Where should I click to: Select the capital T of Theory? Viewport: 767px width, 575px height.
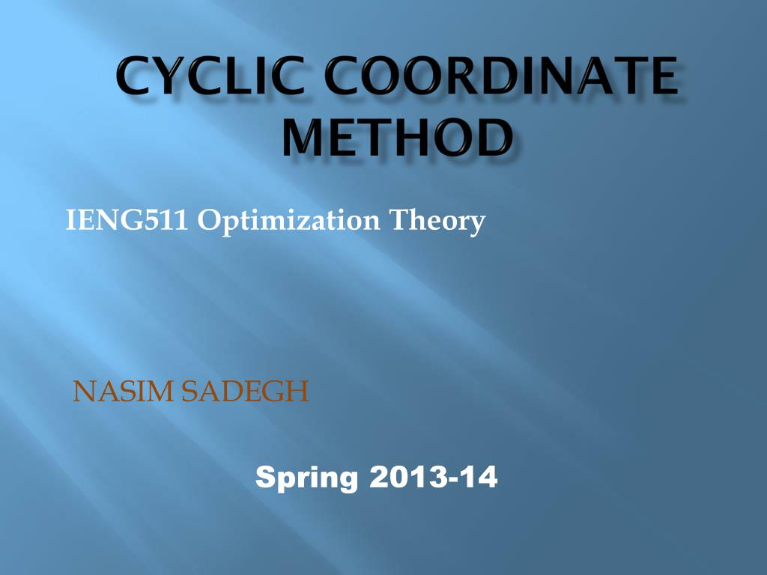412,221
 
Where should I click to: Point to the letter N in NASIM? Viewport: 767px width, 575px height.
82,391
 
